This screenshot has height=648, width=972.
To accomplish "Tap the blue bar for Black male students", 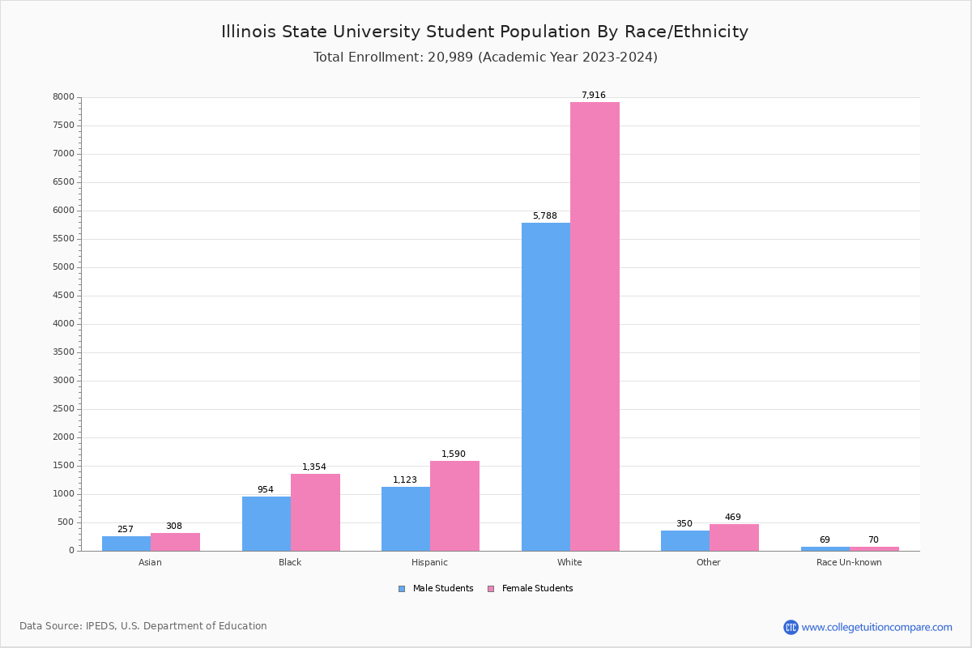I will tap(266, 523).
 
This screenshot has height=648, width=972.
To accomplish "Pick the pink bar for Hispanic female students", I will tap(454, 505).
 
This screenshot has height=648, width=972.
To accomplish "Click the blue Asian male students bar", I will tap(126, 544).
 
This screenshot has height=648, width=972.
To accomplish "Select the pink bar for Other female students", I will tap(734, 537).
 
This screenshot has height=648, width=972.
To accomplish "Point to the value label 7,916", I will tap(593, 96).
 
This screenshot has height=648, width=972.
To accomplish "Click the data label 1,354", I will tap(314, 467).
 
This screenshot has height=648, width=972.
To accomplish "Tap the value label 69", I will tap(825, 540).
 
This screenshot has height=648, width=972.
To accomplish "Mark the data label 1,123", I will tap(405, 480).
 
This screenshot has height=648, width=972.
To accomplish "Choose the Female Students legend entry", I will tap(531, 589).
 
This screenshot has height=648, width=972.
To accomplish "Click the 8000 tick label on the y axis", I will tap(63, 97).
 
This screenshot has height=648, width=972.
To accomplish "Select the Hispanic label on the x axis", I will tap(429, 562).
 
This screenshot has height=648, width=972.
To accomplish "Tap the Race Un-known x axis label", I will tap(849, 562).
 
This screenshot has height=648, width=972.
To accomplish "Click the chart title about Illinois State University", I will tap(484, 32).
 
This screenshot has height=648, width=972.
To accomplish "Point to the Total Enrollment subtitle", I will tap(485, 58).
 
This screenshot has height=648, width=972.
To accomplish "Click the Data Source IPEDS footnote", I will tap(143, 626).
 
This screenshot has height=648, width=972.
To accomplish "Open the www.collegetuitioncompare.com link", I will tap(876, 627).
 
